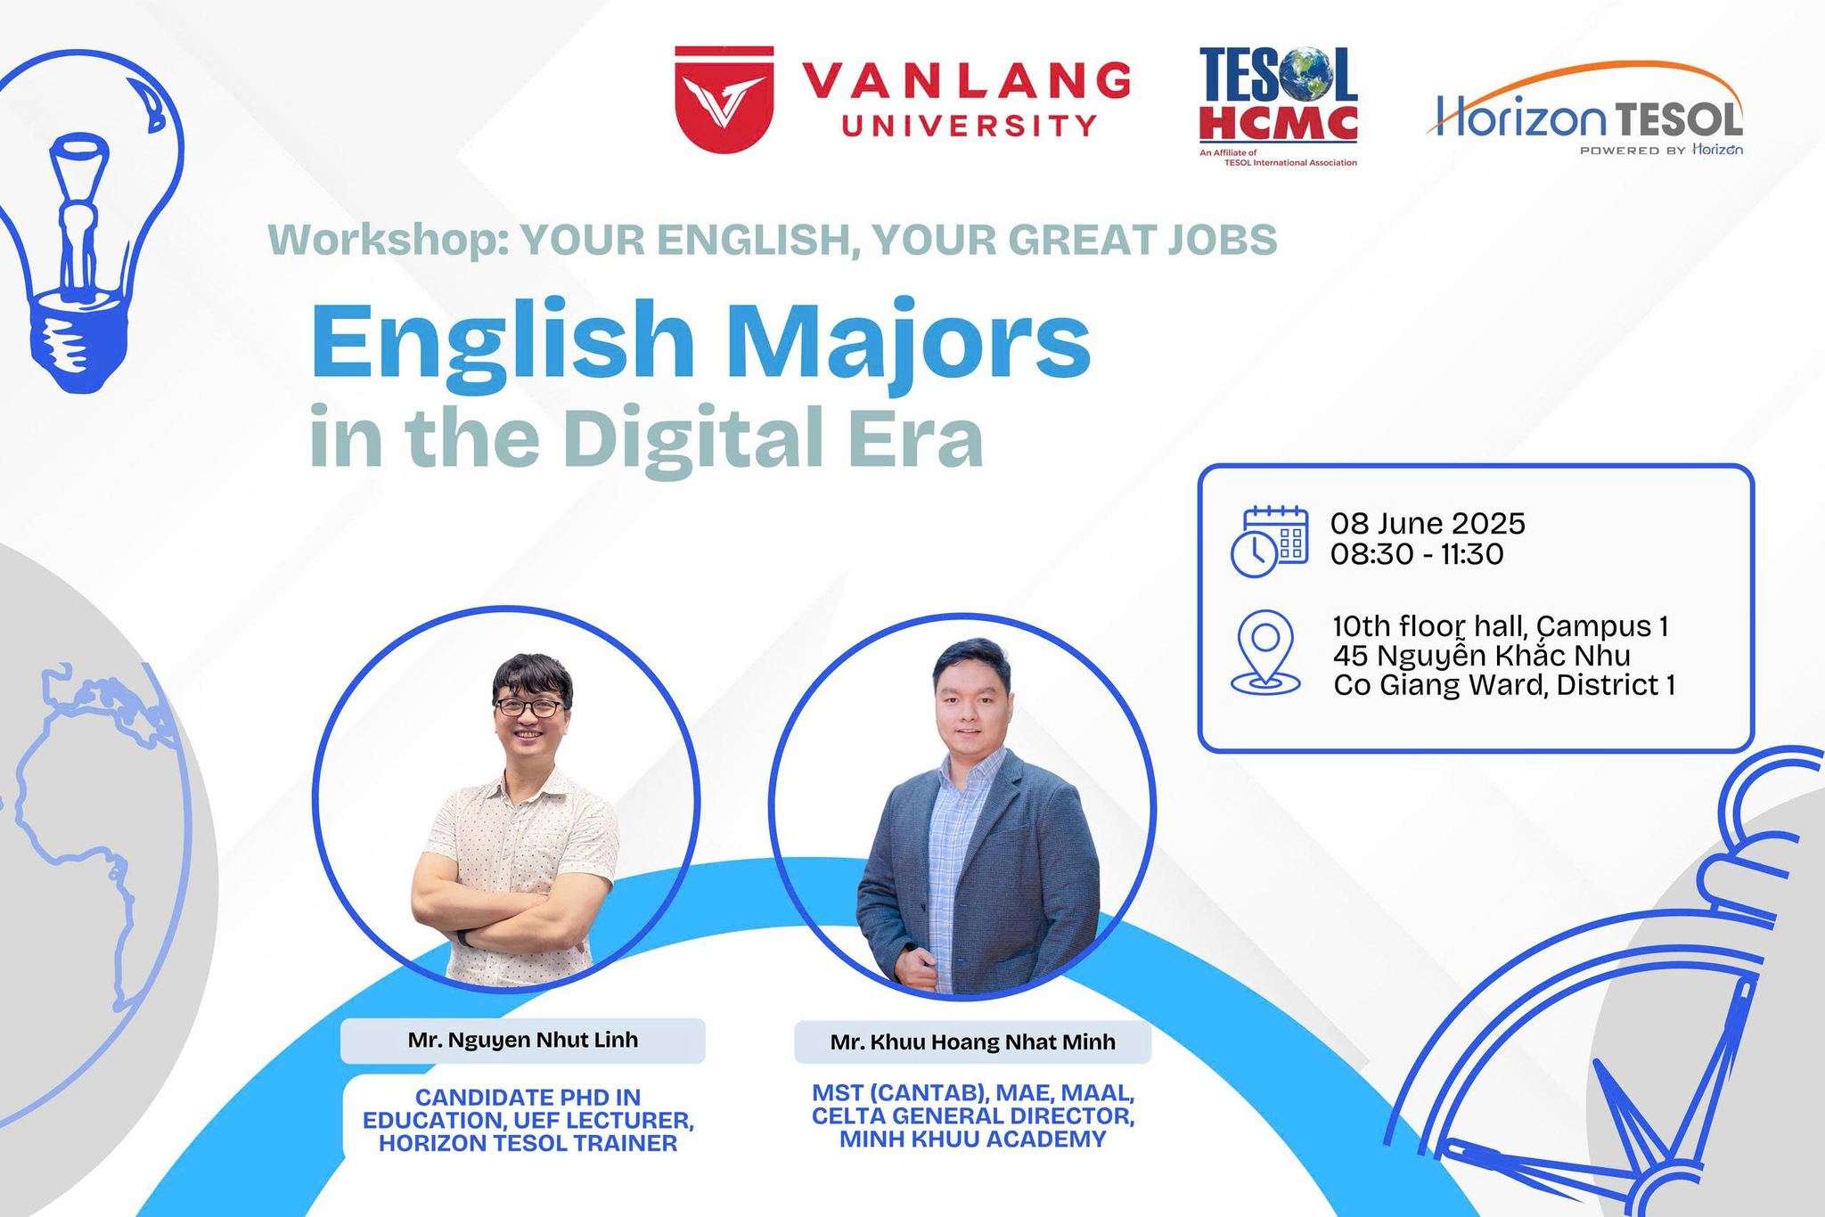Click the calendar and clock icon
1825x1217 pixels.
point(1269,541)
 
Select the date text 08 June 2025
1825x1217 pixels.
point(1428,523)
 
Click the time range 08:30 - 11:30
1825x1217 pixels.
point(1417,554)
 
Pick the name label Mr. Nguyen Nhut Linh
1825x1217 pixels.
point(523,1040)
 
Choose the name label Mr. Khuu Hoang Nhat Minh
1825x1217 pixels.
point(973,1041)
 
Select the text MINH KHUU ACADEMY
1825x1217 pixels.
point(972,1139)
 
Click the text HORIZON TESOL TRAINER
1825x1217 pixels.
point(528,1143)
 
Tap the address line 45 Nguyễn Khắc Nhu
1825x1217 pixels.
point(1482,656)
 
